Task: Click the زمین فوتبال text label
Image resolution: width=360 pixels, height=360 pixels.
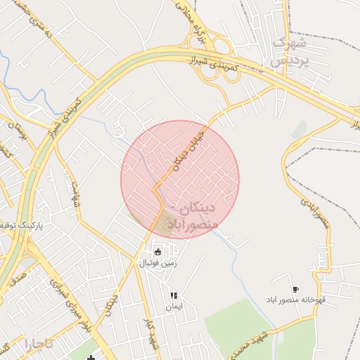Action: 157,263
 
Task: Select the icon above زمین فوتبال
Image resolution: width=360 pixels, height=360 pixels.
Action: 157,251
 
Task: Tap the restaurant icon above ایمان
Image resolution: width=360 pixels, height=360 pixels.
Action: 174,296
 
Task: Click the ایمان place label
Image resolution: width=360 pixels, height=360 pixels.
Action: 174,307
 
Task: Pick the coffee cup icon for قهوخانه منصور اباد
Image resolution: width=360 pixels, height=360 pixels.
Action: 295,290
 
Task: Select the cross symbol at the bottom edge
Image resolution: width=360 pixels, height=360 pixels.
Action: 91,357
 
